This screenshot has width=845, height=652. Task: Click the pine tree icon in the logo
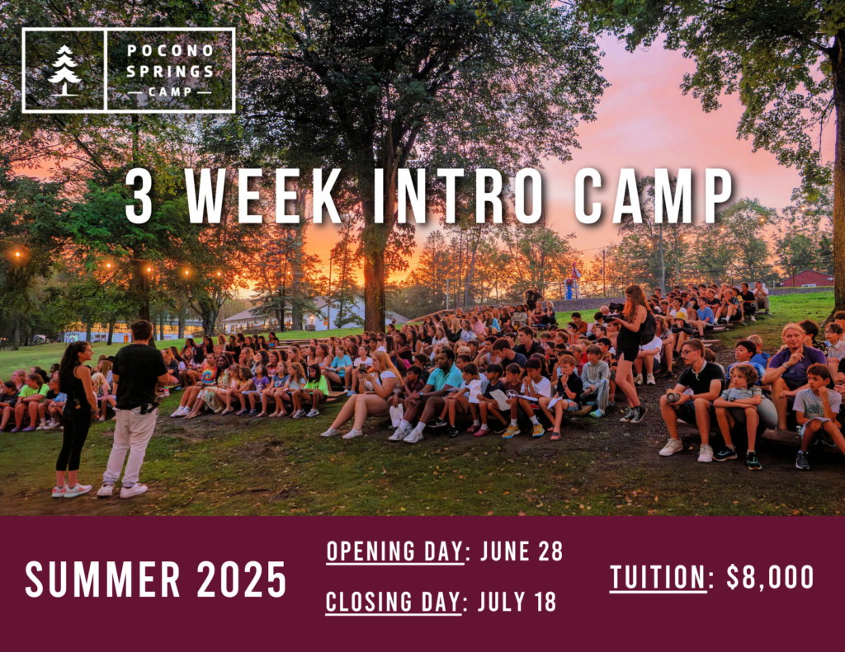click(64, 71)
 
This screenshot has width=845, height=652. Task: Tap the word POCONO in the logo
click(171, 50)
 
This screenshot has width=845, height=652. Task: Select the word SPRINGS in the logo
click(170, 71)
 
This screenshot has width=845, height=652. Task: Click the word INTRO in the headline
click(457, 196)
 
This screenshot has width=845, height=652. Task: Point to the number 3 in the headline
click(139, 197)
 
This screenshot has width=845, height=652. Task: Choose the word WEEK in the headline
click(263, 196)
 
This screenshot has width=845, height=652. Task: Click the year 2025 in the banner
click(242, 579)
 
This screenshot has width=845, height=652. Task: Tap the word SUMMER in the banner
click(102, 579)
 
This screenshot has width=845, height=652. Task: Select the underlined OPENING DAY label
click(395, 552)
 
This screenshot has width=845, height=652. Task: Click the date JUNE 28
click(522, 551)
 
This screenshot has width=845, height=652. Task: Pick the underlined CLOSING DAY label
click(394, 603)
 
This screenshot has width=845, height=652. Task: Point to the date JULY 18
click(517, 602)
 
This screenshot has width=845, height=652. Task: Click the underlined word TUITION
click(658, 578)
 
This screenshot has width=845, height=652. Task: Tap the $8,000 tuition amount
click(770, 577)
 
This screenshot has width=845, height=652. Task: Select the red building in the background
click(807, 279)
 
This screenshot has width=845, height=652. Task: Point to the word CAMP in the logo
click(170, 91)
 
